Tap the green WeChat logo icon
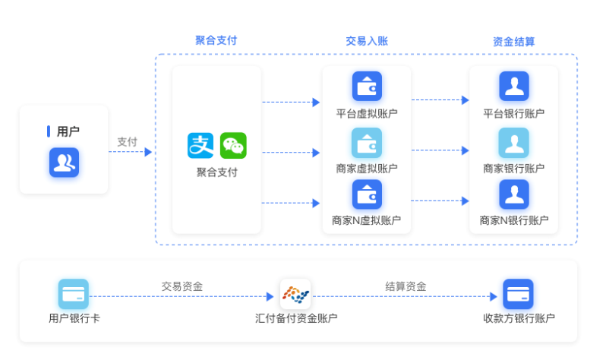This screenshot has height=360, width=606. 233,146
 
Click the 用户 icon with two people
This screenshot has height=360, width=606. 64,162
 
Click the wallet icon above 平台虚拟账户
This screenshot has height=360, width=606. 367,86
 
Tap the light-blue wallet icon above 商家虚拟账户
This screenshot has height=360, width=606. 367,142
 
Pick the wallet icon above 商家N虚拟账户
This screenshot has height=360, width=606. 367,194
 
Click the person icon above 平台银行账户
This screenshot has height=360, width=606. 514,86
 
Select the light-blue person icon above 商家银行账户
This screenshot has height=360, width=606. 514,142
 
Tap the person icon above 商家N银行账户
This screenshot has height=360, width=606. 514,194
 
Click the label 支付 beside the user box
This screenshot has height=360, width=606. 127,142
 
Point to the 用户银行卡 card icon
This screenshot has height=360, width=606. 74,294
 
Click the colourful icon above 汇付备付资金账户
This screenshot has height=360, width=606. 295,294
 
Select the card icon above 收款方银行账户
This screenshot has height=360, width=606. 518,294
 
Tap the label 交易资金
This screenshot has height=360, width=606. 181,286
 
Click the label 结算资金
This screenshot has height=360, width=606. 406,286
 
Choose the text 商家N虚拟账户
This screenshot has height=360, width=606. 367,221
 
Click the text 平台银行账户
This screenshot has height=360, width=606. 514,114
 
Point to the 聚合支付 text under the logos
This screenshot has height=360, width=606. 217,172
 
